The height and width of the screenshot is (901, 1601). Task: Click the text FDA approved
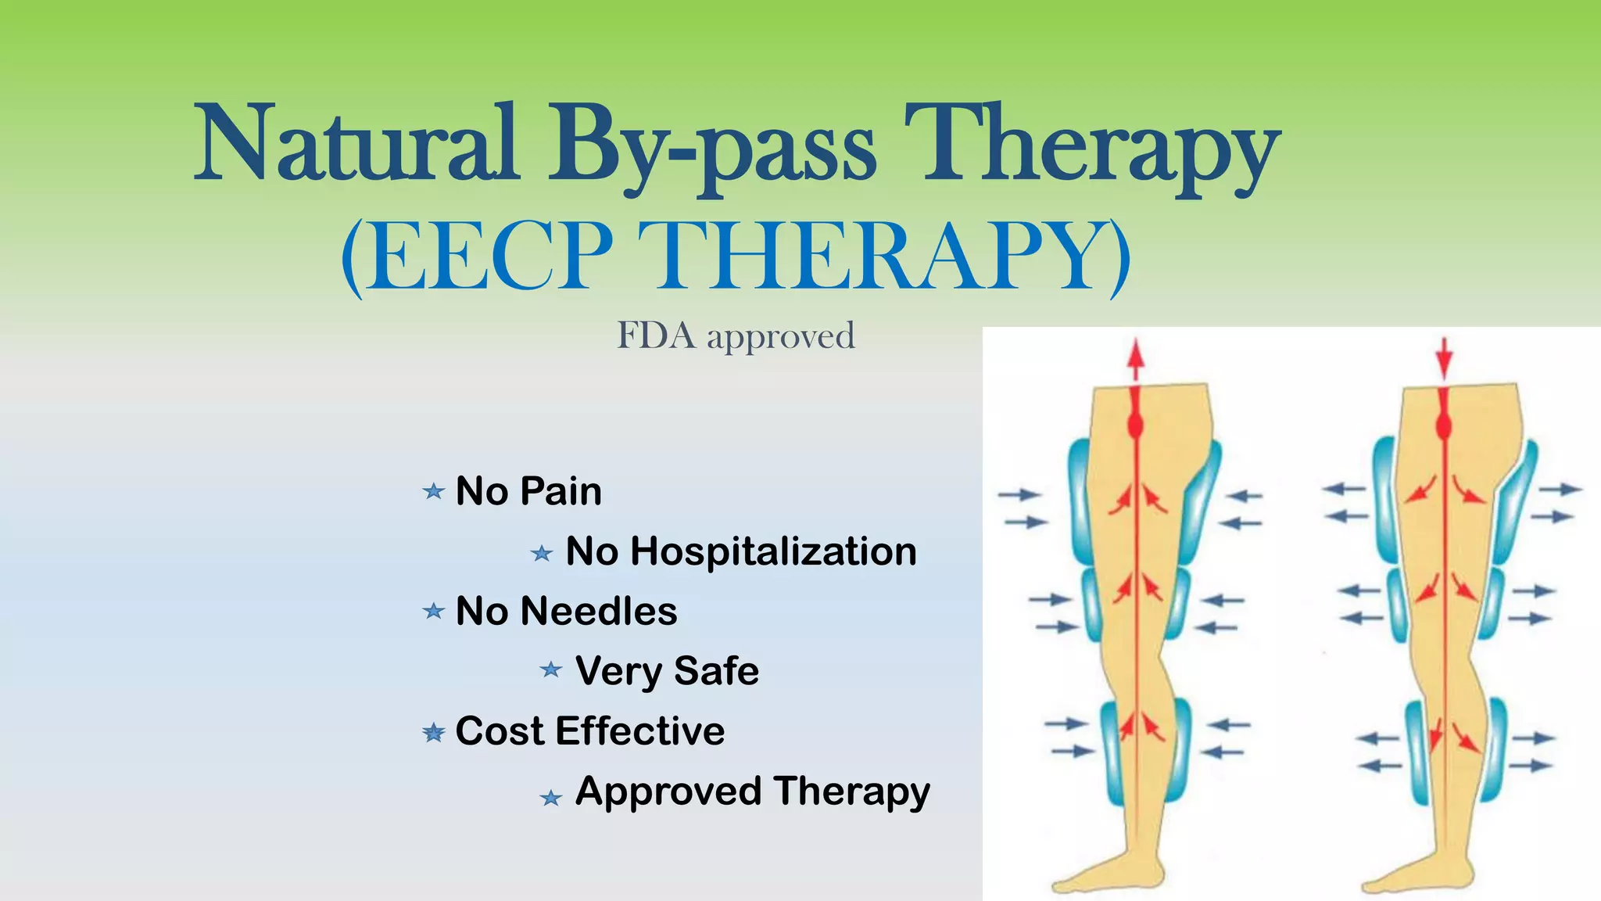click(736, 336)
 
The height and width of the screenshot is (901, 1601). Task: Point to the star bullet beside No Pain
click(433, 492)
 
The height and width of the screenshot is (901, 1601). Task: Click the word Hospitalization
click(774, 551)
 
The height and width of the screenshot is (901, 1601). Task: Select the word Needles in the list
click(599, 612)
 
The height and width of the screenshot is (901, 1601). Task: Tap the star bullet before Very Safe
click(551, 670)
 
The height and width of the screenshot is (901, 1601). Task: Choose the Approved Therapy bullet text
click(753, 792)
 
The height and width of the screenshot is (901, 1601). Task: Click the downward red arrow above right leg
click(1444, 358)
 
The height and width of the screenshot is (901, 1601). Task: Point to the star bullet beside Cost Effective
click(433, 733)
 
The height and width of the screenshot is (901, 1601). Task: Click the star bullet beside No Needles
click(433, 611)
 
